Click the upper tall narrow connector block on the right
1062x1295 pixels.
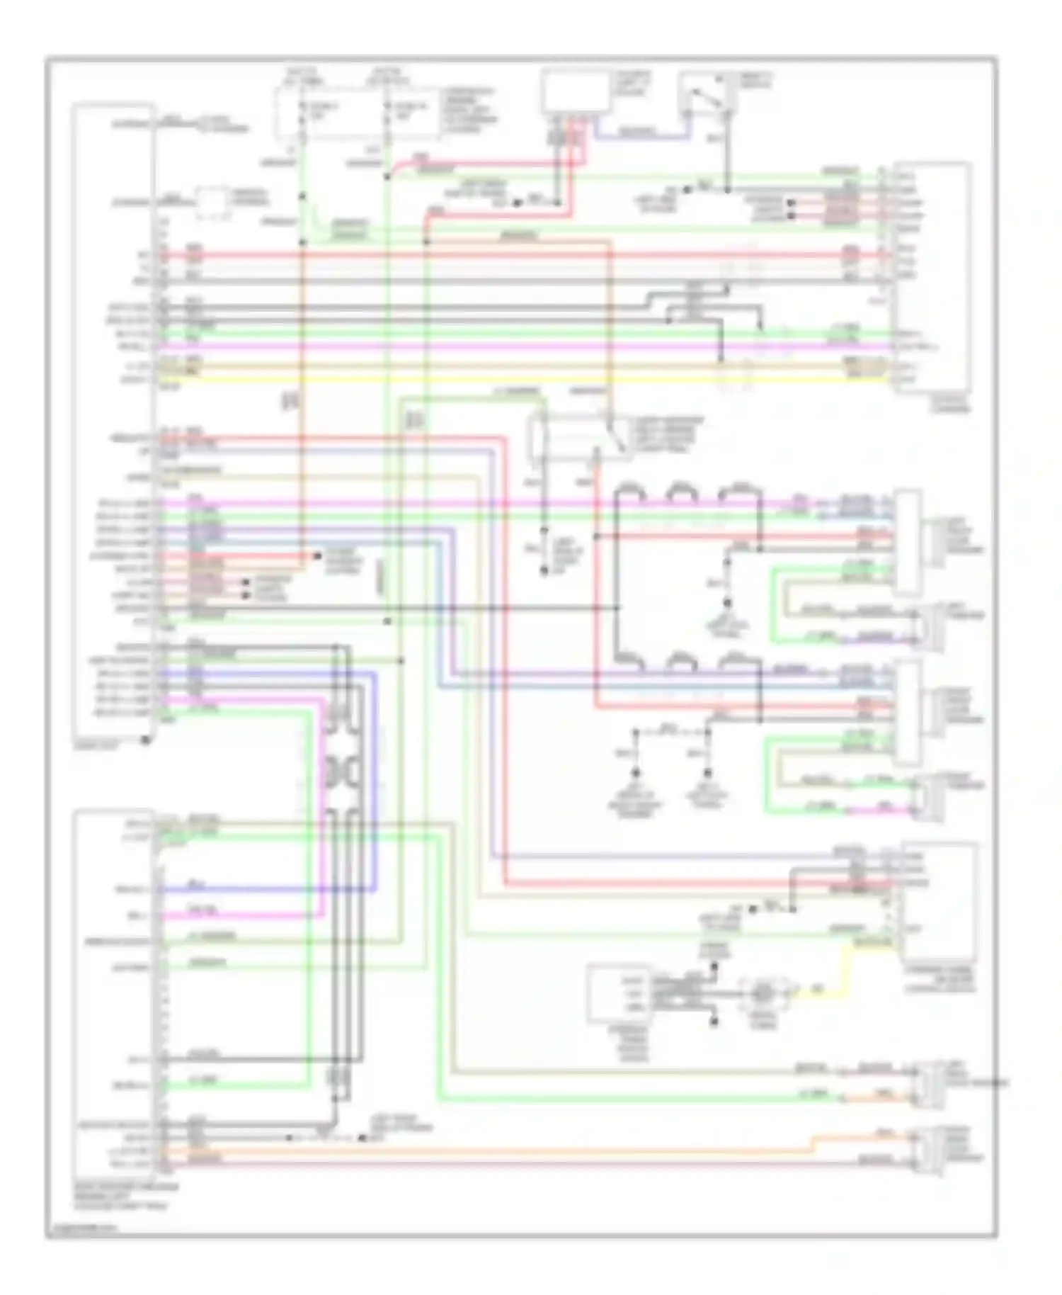pyautogui.click(x=908, y=542)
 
